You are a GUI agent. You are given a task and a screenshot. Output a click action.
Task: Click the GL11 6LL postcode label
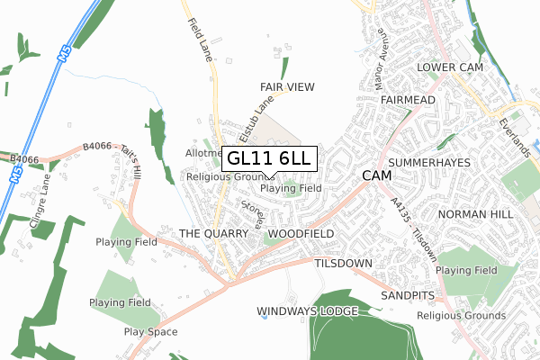point(269,158)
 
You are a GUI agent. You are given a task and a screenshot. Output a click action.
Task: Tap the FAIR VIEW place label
point(287,86)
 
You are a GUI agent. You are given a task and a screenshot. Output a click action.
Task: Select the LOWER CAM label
point(449,68)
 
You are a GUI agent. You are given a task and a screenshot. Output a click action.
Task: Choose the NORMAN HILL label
point(474,214)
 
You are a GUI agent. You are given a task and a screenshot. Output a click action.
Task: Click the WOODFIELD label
point(301,234)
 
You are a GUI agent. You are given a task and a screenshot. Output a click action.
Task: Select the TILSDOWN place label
point(344,264)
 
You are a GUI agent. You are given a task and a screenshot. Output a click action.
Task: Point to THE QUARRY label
point(212,234)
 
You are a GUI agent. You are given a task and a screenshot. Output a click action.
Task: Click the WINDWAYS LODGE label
point(308,311)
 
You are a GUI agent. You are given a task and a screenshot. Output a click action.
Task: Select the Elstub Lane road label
point(256,119)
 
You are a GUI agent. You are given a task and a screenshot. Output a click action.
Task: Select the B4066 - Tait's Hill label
point(112,157)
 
